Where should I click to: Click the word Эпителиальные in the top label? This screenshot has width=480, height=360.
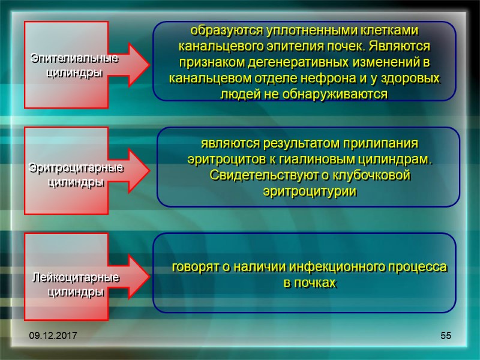point(75,59)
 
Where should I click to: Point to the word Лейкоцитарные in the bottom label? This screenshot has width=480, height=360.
point(75,278)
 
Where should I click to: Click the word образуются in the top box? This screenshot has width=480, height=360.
point(219,30)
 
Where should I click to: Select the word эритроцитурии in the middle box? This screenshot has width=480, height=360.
point(310,191)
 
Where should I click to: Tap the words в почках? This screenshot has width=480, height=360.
point(310,282)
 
